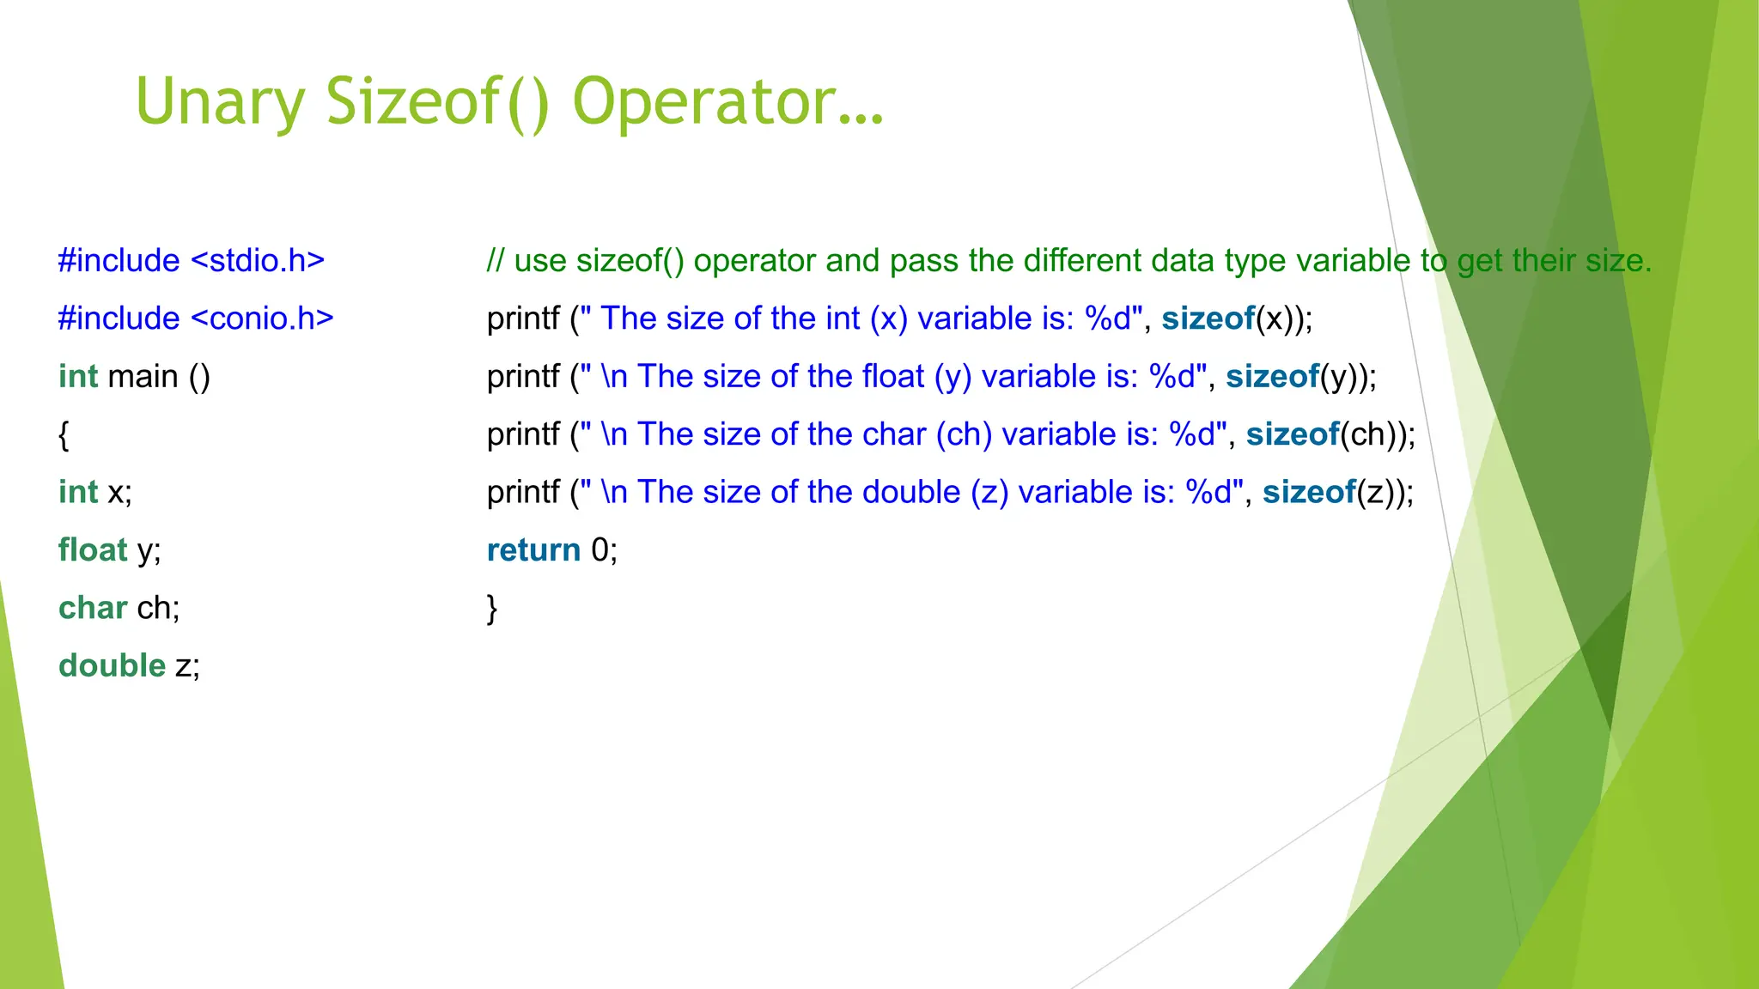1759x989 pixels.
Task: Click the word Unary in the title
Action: click(x=220, y=102)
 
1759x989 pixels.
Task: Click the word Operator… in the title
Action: click(x=727, y=102)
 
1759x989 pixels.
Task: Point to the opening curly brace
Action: click(x=64, y=435)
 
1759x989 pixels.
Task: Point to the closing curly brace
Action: click(x=492, y=609)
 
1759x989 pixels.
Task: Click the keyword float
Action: click(x=93, y=550)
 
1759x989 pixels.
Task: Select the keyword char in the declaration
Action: click(x=93, y=608)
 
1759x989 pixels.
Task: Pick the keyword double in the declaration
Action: click(x=112, y=666)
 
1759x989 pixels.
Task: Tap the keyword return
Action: click(x=533, y=550)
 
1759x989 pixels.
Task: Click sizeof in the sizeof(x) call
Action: click(x=1208, y=319)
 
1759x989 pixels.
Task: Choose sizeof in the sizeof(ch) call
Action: click(x=1293, y=434)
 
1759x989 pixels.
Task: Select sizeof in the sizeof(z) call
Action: click(x=1308, y=492)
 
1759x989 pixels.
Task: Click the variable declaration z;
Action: click(x=187, y=666)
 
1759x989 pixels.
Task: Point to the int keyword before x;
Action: click(x=78, y=492)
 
